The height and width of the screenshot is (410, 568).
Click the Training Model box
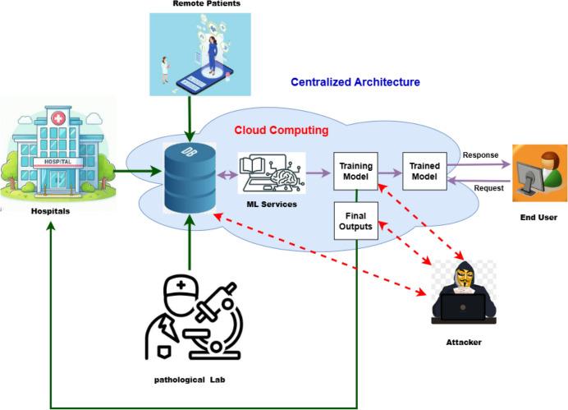point(355,172)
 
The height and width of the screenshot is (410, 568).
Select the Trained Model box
point(423,172)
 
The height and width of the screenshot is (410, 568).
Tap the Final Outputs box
point(355,220)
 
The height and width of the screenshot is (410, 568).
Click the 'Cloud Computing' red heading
point(282,130)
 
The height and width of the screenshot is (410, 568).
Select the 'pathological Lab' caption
point(190,380)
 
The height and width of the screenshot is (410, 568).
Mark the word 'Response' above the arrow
point(481,154)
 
